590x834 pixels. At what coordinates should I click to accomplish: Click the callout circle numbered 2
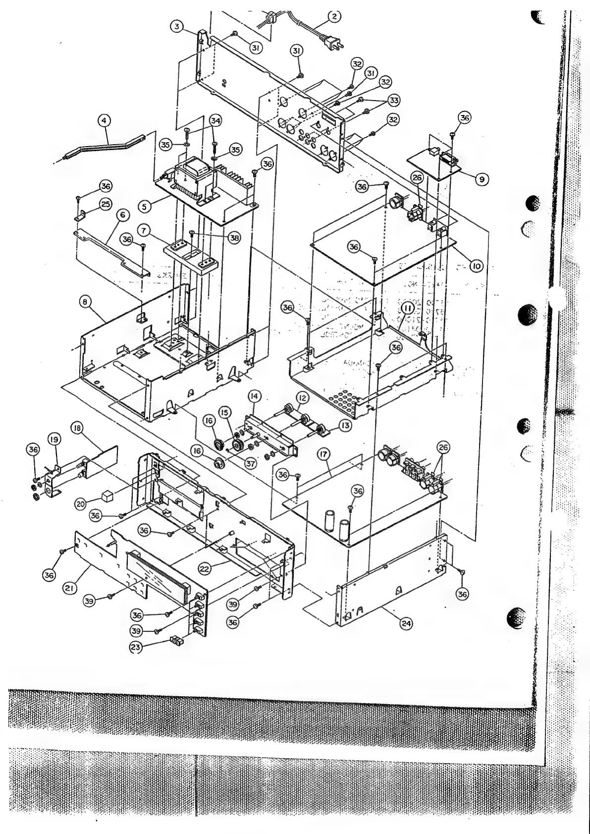pos(334,16)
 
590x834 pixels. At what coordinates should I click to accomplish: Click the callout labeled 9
pos(480,179)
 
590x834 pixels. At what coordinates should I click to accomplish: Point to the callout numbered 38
pos(233,238)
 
